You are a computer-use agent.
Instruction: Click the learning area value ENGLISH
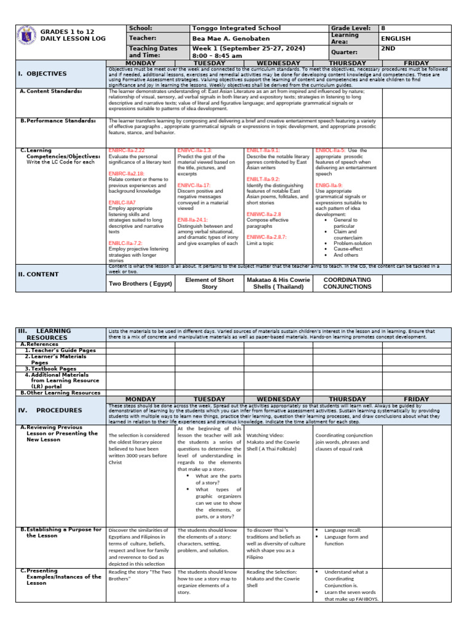pyautogui.click(x=396, y=39)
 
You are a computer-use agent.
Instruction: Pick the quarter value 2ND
pyautogui.click(x=388, y=52)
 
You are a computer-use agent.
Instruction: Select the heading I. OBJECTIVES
pyautogui.click(x=42, y=74)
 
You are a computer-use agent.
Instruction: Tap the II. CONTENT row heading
pyautogui.click(x=39, y=274)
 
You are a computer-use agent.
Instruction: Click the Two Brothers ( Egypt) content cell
pyautogui.click(x=140, y=284)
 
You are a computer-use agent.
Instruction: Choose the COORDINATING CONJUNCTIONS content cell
pyautogui.click(x=347, y=283)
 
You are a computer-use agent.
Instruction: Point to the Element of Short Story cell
pyautogui.click(x=210, y=283)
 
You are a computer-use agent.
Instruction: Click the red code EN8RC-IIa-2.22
pyautogui.click(x=127, y=150)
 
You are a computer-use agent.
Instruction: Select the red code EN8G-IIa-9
pyautogui.click(x=329, y=186)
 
